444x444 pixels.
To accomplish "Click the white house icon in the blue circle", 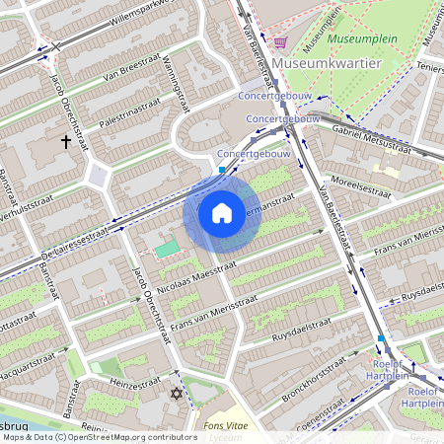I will tap(222, 213).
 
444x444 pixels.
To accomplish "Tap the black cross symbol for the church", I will tap(67, 142).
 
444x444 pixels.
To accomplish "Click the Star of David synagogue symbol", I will tap(178, 394).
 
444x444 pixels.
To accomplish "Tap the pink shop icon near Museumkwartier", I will tap(281, 41).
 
